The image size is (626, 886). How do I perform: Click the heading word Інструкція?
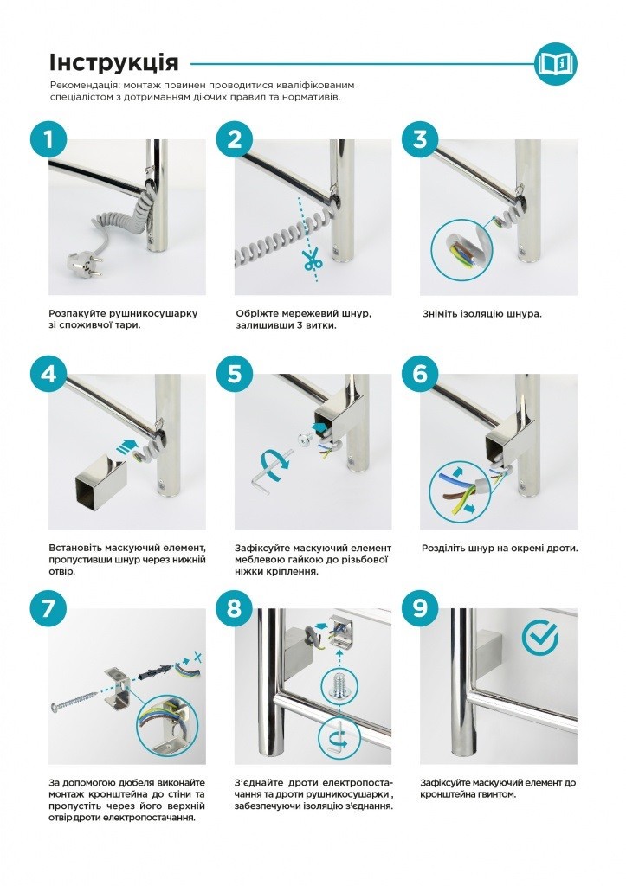tap(114, 62)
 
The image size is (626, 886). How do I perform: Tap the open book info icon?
tap(556, 63)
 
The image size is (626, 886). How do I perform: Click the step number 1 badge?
tap(48, 139)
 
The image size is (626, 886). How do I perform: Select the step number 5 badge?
tap(234, 374)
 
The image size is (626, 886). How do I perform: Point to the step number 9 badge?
tap(420, 608)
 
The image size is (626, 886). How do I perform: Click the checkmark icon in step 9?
tap(539, 638)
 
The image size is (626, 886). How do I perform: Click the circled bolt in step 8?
tap(340, 685)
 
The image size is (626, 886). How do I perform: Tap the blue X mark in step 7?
tap(197, 658)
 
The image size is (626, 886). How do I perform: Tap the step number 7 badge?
tap(48, 608)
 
